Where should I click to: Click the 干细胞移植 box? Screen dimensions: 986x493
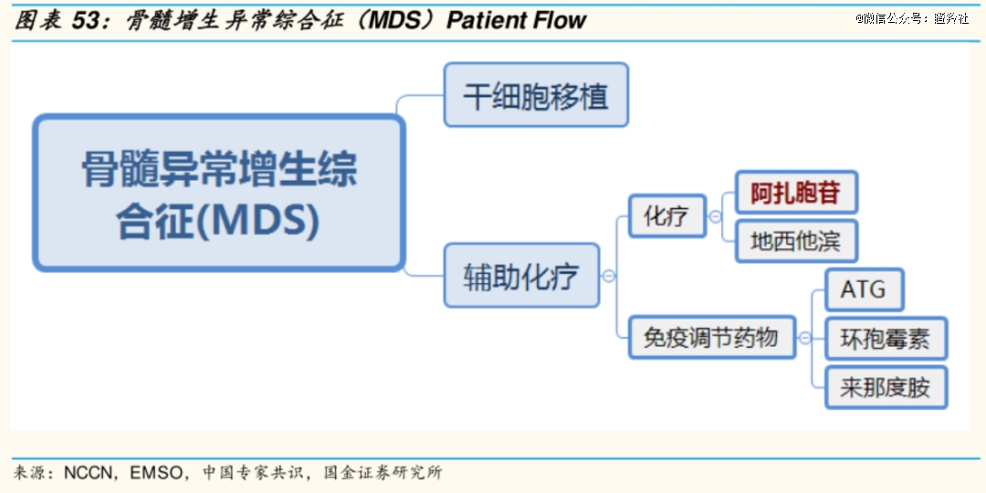[536, 95]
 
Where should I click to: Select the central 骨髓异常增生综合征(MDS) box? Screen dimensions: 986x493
[218, 193]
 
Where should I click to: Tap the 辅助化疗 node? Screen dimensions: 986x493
[521, 276]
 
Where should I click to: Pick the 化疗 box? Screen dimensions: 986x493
[667, 215]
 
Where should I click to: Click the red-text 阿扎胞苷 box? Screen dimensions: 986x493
[796, 193]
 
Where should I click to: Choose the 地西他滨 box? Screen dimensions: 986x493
[796, 241]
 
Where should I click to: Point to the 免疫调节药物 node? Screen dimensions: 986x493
[712, 338]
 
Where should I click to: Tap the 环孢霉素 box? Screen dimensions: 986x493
[886, 339]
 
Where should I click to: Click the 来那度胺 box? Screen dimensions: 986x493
[886, 387]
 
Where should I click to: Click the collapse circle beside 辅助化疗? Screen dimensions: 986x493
[609, 276]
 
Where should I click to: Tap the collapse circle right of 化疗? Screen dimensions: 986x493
[715, 216]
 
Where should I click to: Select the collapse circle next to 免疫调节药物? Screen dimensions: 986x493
[804, 339]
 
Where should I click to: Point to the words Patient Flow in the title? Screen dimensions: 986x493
[516, 20]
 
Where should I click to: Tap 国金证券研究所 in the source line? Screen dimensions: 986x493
[382, 472]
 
